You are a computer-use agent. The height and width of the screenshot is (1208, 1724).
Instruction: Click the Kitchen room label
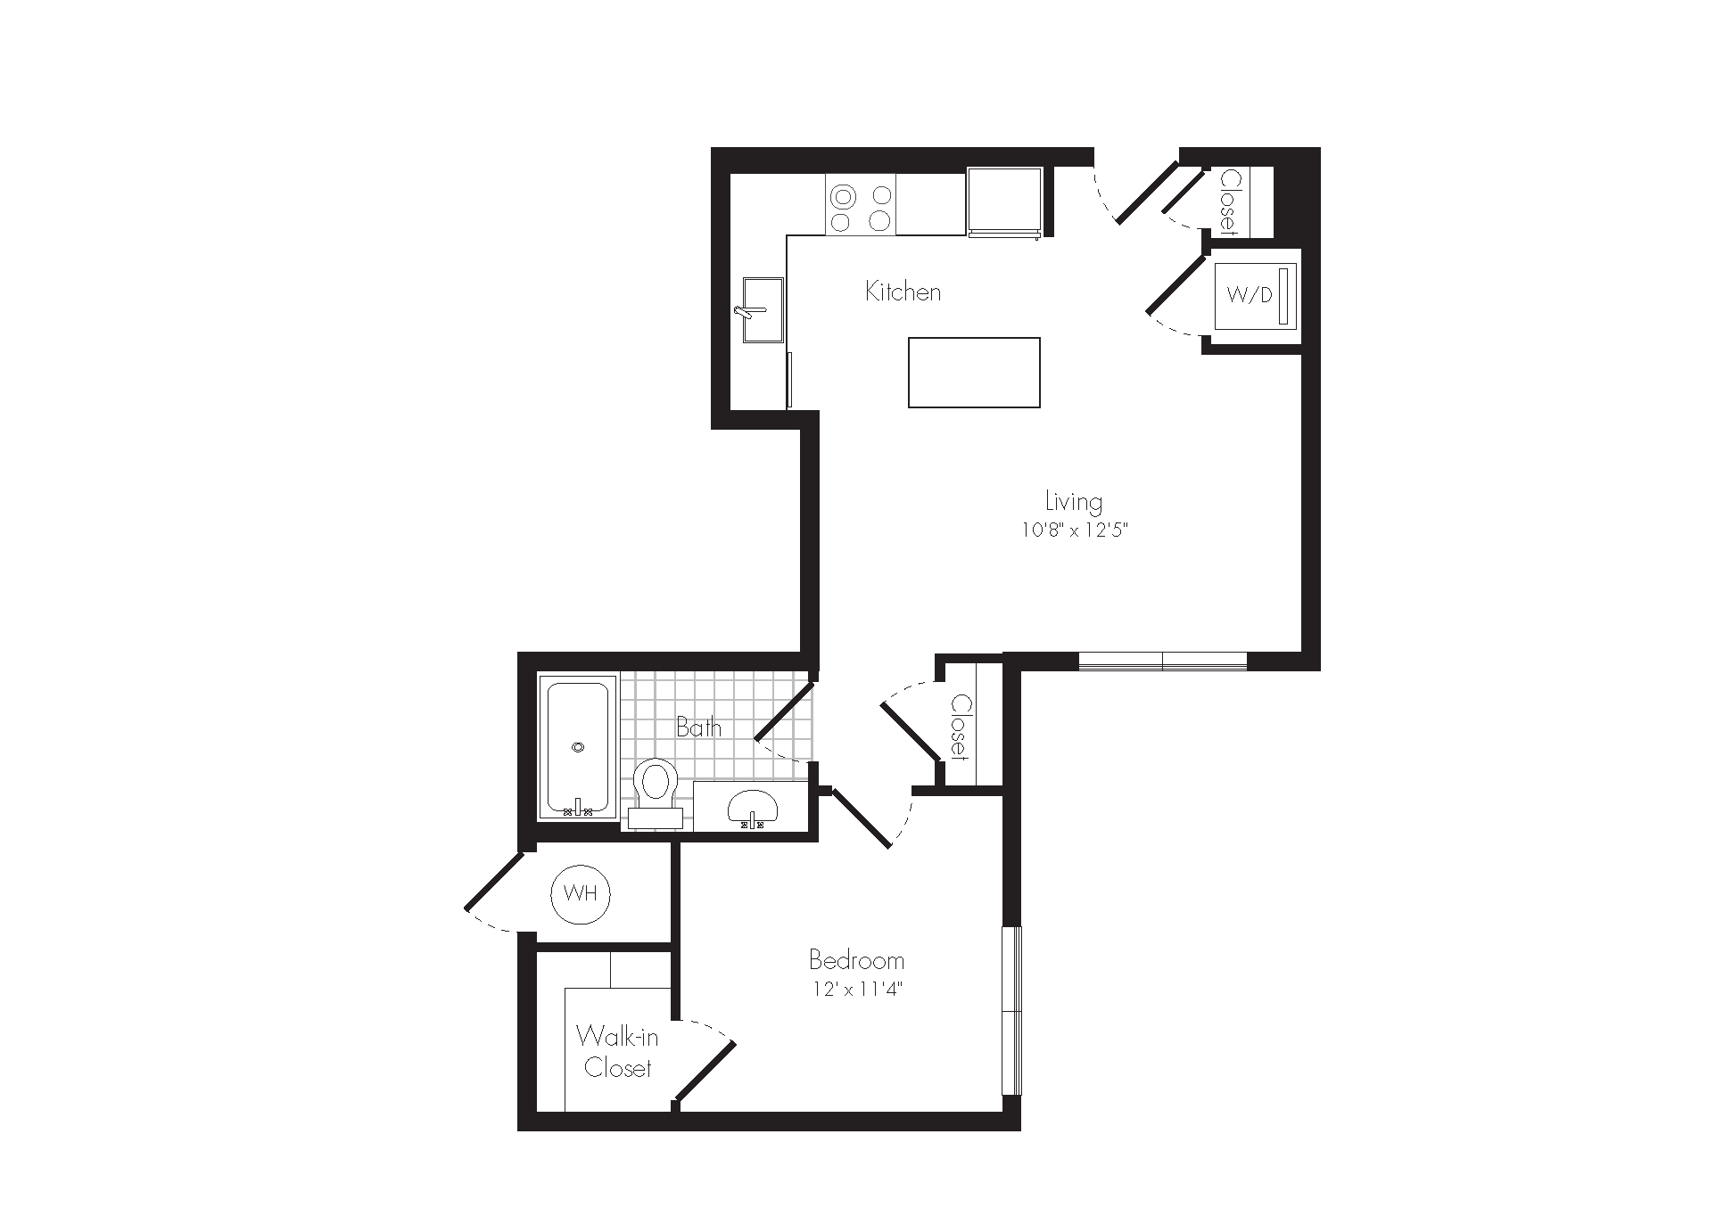pos(903,292)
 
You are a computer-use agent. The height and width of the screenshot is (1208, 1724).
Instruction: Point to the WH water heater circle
pos(582,894)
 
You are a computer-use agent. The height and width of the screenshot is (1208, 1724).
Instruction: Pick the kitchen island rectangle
pos(974,373)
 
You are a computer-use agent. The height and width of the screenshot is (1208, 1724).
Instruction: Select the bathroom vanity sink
pos(753,808)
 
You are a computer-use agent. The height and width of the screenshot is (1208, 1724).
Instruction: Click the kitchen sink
pos(763,309)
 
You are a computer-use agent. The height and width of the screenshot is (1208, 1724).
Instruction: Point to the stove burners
pos(861,210)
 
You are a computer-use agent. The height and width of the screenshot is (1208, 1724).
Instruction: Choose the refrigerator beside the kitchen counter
pos(1004,203)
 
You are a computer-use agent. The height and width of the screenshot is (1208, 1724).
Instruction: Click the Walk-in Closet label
pos(617,1052)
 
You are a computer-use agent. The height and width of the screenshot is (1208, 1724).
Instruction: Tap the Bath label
pos(698,727)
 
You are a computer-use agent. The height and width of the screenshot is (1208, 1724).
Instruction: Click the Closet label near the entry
pos(1230,201)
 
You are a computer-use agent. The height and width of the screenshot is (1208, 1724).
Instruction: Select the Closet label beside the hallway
pos(960,727)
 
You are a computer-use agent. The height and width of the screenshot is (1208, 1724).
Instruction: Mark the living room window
pos(1163,662)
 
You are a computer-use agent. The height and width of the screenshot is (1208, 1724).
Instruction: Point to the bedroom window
pos(1011,1011)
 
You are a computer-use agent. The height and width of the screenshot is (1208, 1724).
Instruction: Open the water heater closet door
pos(493,882)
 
